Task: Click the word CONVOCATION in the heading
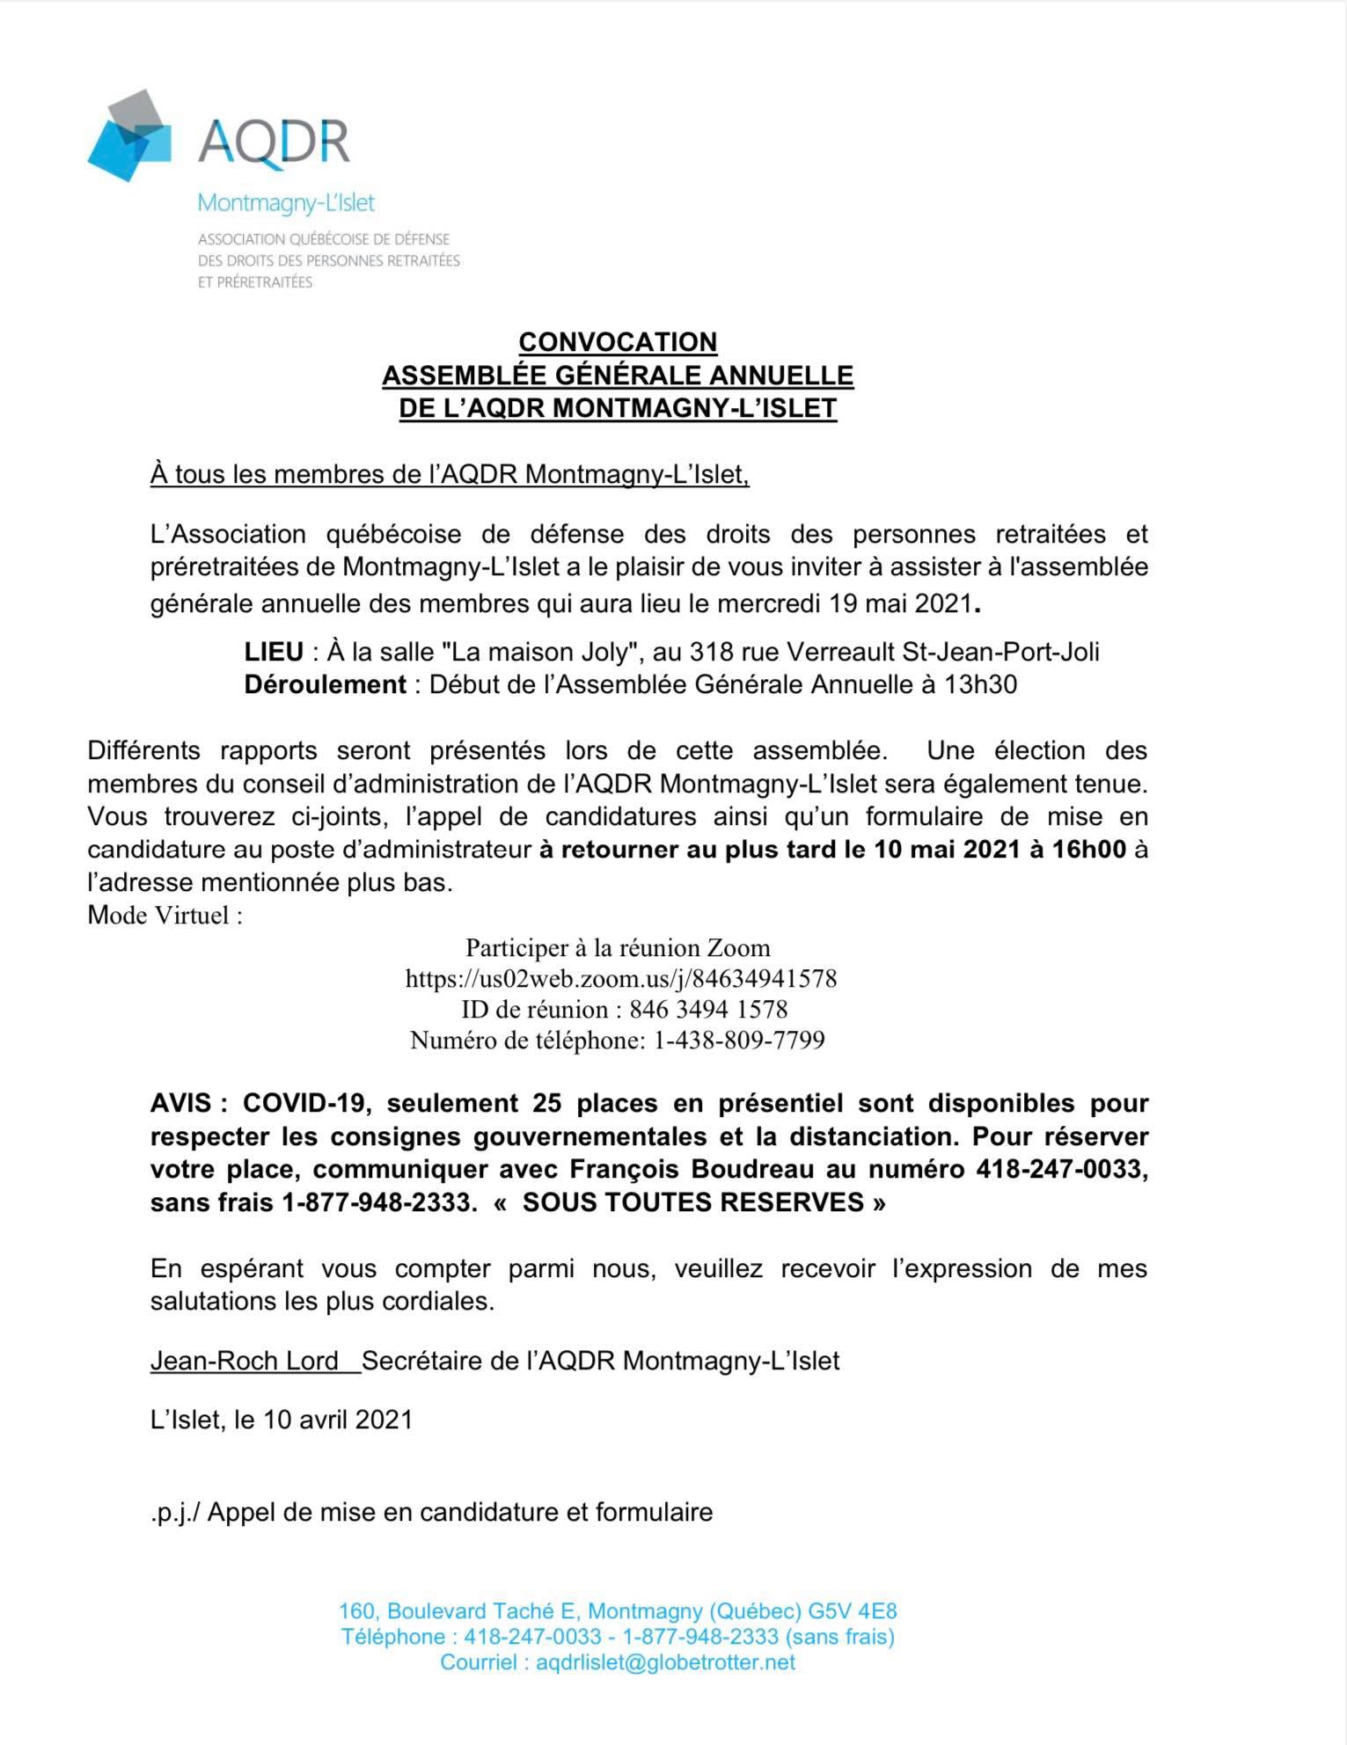618,341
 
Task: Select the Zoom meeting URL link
620,978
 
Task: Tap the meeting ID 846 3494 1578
721,1009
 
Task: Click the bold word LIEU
274,652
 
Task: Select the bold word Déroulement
326,684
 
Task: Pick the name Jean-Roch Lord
245,1361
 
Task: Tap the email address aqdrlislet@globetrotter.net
665,1662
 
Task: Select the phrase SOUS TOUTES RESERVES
692,1202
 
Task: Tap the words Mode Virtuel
165,915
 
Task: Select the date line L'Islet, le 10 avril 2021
282,1420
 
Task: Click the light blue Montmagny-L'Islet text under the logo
286,203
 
